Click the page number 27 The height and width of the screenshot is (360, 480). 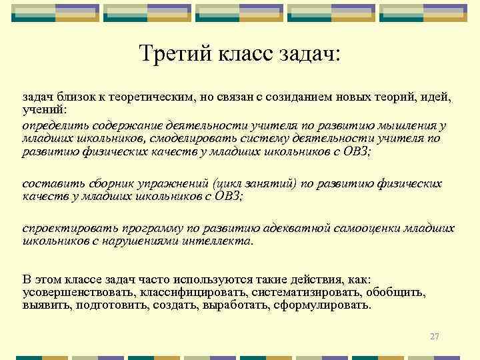[435, 337]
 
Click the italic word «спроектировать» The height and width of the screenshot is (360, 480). [65, 229]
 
